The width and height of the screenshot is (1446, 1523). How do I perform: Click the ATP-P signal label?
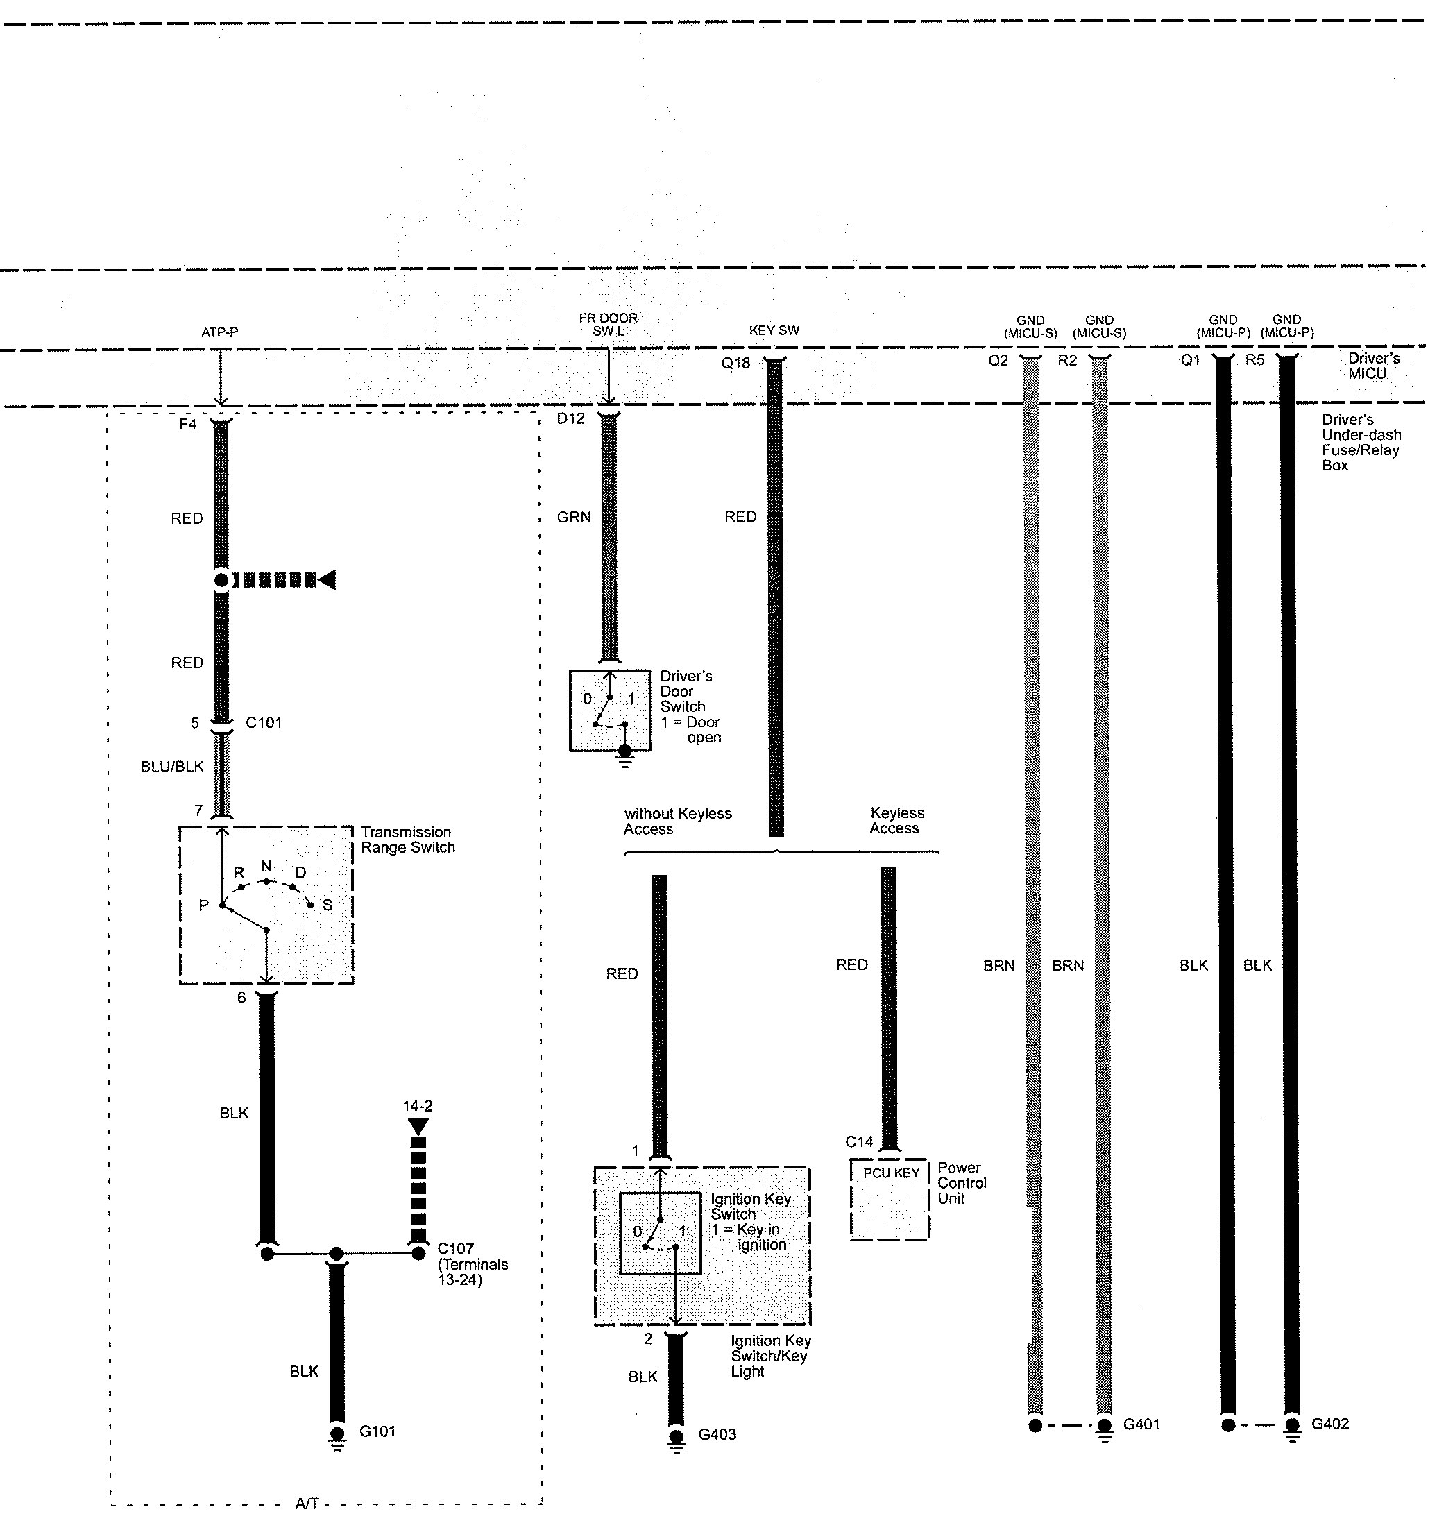220,332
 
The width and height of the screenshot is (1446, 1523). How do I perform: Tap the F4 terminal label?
187,425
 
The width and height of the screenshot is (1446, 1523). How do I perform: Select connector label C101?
264,723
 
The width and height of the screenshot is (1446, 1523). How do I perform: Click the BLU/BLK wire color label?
172,767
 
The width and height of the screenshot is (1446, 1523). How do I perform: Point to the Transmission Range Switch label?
408,840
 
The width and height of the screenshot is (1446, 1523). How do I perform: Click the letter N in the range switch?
266,867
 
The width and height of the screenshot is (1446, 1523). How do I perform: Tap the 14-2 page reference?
418,1106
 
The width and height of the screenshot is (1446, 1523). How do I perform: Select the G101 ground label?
377,1432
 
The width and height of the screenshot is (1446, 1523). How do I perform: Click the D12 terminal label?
571,418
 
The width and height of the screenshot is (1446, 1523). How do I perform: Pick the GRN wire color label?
575,517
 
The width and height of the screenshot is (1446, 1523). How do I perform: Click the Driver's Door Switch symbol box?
610,711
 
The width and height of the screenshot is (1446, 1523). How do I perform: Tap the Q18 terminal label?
735,363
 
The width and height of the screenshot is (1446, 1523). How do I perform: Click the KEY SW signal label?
774,331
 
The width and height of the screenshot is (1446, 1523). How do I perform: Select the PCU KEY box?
890,1198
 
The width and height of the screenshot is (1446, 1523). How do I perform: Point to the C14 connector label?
859,1141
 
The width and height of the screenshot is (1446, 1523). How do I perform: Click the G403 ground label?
717,1435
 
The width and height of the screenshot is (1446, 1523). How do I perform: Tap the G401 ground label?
1141,1424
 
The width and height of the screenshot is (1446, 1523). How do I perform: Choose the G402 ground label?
1330,1424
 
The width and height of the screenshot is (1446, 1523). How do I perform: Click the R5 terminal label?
1255,360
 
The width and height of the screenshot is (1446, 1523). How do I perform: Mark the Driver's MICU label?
1372,366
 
